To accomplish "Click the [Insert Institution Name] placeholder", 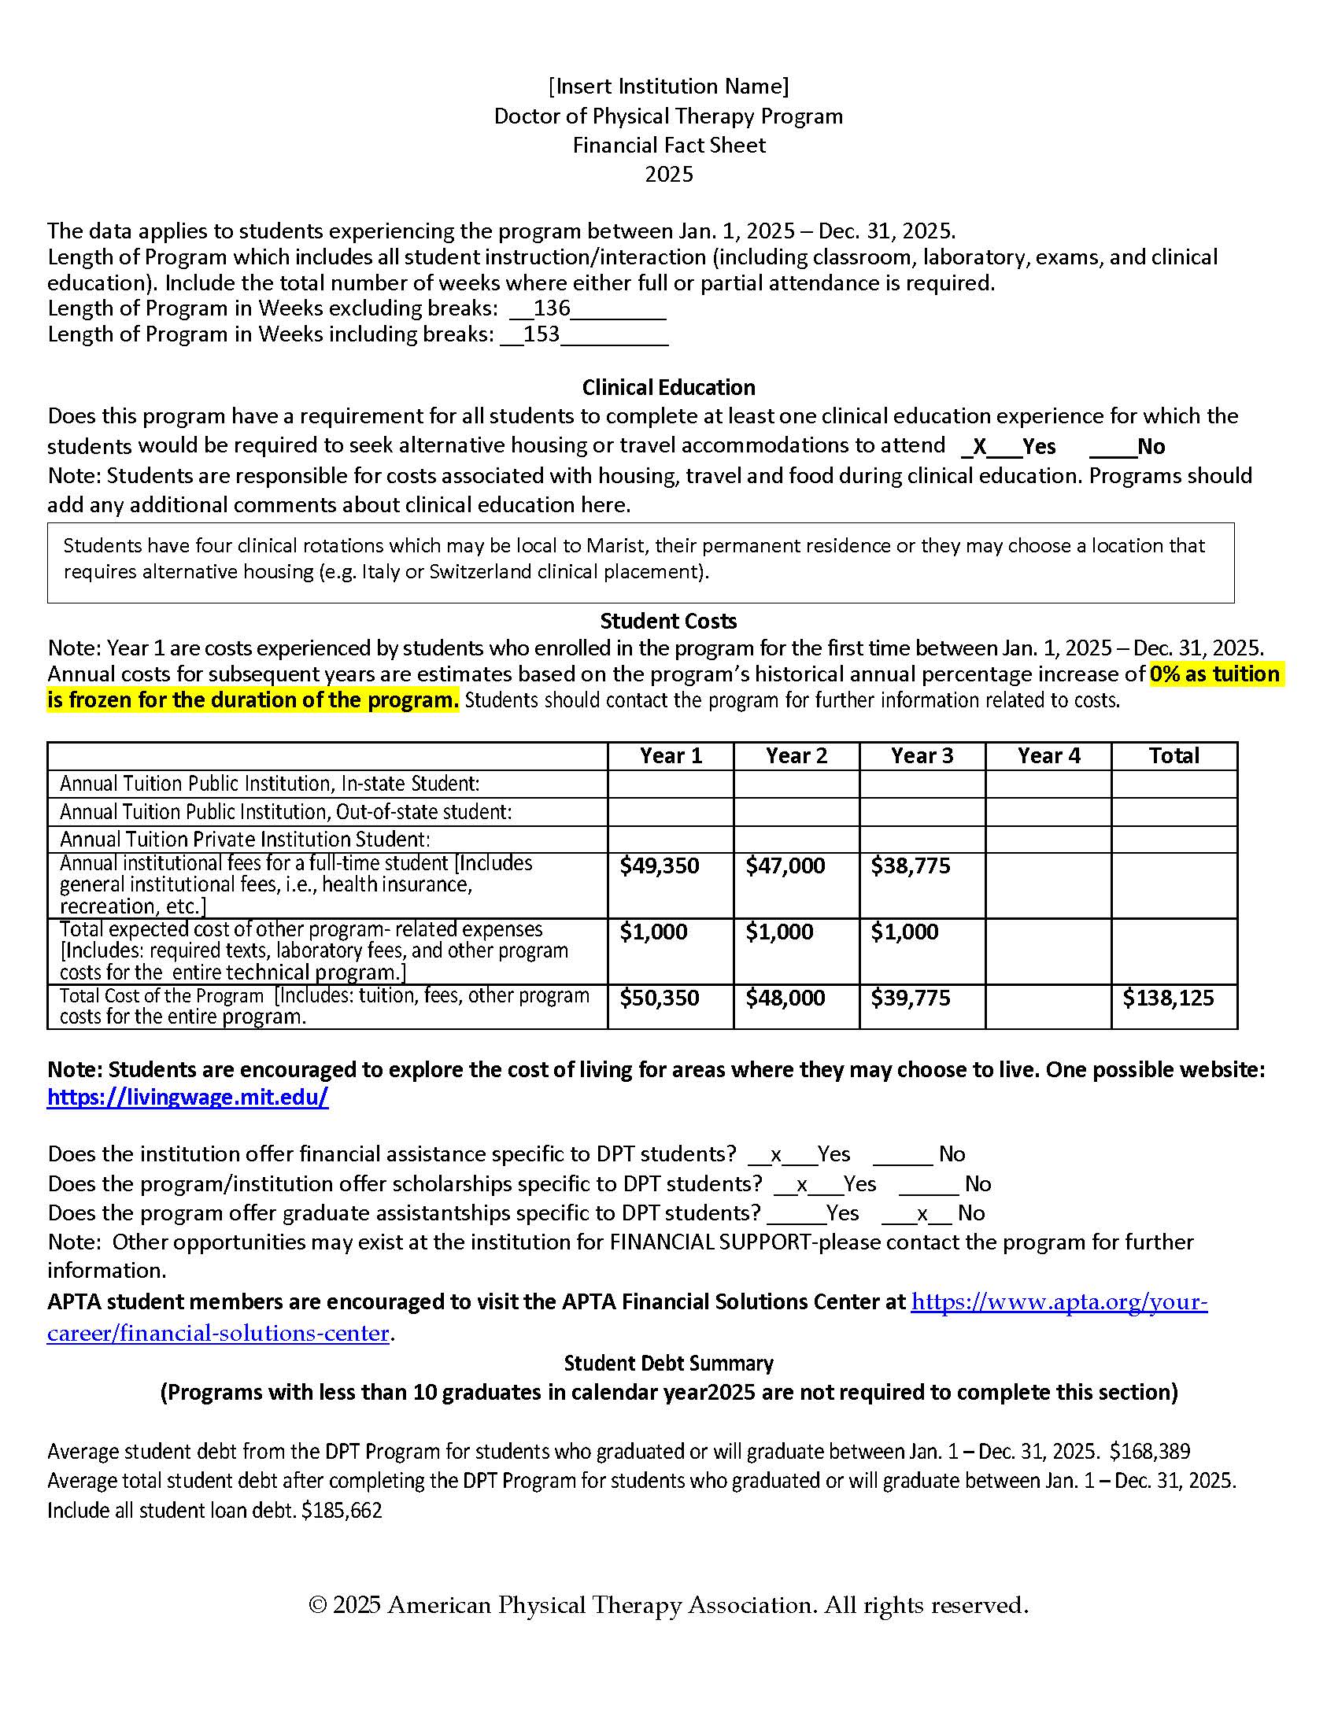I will click(668, 86).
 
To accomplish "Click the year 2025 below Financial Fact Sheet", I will click(668, 175).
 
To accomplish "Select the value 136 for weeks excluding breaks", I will click(552, 308).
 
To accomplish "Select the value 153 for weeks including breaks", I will click(541, 334).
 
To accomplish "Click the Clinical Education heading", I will click(668, 388).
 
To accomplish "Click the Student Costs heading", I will click(668, 622).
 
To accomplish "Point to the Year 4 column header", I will click(1048, 756).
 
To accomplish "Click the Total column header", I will click(1174, 756).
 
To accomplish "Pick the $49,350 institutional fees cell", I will click(660, 866).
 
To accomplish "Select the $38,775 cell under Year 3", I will click(911, 866).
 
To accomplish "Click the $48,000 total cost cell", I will click(785, 998).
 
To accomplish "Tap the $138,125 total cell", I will click(1167, 998).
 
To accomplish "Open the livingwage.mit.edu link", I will click(188, 1098).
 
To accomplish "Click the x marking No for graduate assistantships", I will click(922, 1214).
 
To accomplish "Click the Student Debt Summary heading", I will click(668, 1364).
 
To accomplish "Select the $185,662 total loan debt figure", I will click(342, 1511).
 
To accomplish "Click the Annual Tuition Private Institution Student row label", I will click(245, 840).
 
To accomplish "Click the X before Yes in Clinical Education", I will click(979, 447).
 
